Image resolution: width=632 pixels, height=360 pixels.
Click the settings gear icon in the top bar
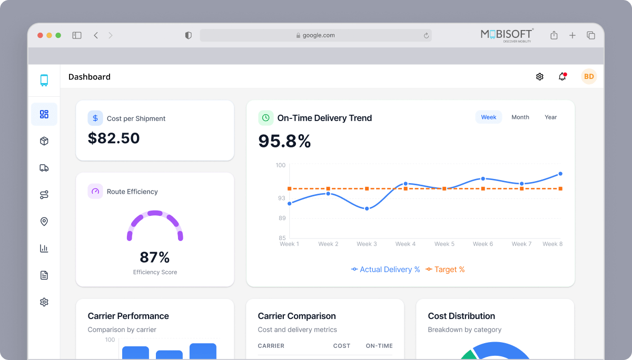pyautogui.click(x=539, y=77)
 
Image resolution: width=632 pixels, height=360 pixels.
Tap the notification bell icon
pyautogui.click(x=562, y=77)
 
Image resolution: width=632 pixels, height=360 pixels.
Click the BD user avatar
pyautogui.click(x=589, y=77)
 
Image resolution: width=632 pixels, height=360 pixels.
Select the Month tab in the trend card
pyautogui.click(x=520, y=117)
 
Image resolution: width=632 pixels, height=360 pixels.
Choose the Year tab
pyautogui.click(x=550, y=117)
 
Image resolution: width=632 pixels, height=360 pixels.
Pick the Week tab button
pyautogui.click(x=489, y=117)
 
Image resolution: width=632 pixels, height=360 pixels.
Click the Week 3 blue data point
pyautogui.click(x=367, y=208)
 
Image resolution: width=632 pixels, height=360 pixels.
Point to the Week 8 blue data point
pyautogui.click(x=560, y=174)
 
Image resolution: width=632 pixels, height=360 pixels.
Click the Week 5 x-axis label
pyautogui.click(x=444, y=244)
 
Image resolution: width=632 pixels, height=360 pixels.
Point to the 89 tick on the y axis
pyautogui.click(x=282, y=218)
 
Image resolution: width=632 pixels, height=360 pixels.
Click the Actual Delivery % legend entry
pyautogui.click(x=386, y=269)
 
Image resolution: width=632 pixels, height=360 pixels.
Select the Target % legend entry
pyautogui.click(x=445, y=269)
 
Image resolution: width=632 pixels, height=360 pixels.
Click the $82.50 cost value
pyautogui.click(x=114, y=138)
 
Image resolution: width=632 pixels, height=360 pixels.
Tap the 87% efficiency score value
pyautogui.click(x=155, y=257)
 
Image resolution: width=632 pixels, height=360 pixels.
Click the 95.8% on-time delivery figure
pyautogui.click(x=284, y=141)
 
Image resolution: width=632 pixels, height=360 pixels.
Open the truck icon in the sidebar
pyautogui.click(x=44, y=168)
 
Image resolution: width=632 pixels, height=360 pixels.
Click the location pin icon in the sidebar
pyautogui.click(x=44, y=222)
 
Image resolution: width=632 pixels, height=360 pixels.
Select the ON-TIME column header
pyautogui.click(x=379, y=346)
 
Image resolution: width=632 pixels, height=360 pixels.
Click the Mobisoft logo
pyautogui.click(x=507, y=35)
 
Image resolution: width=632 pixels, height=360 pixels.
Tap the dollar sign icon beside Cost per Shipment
pyautogui.click(x=95, y=118)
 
